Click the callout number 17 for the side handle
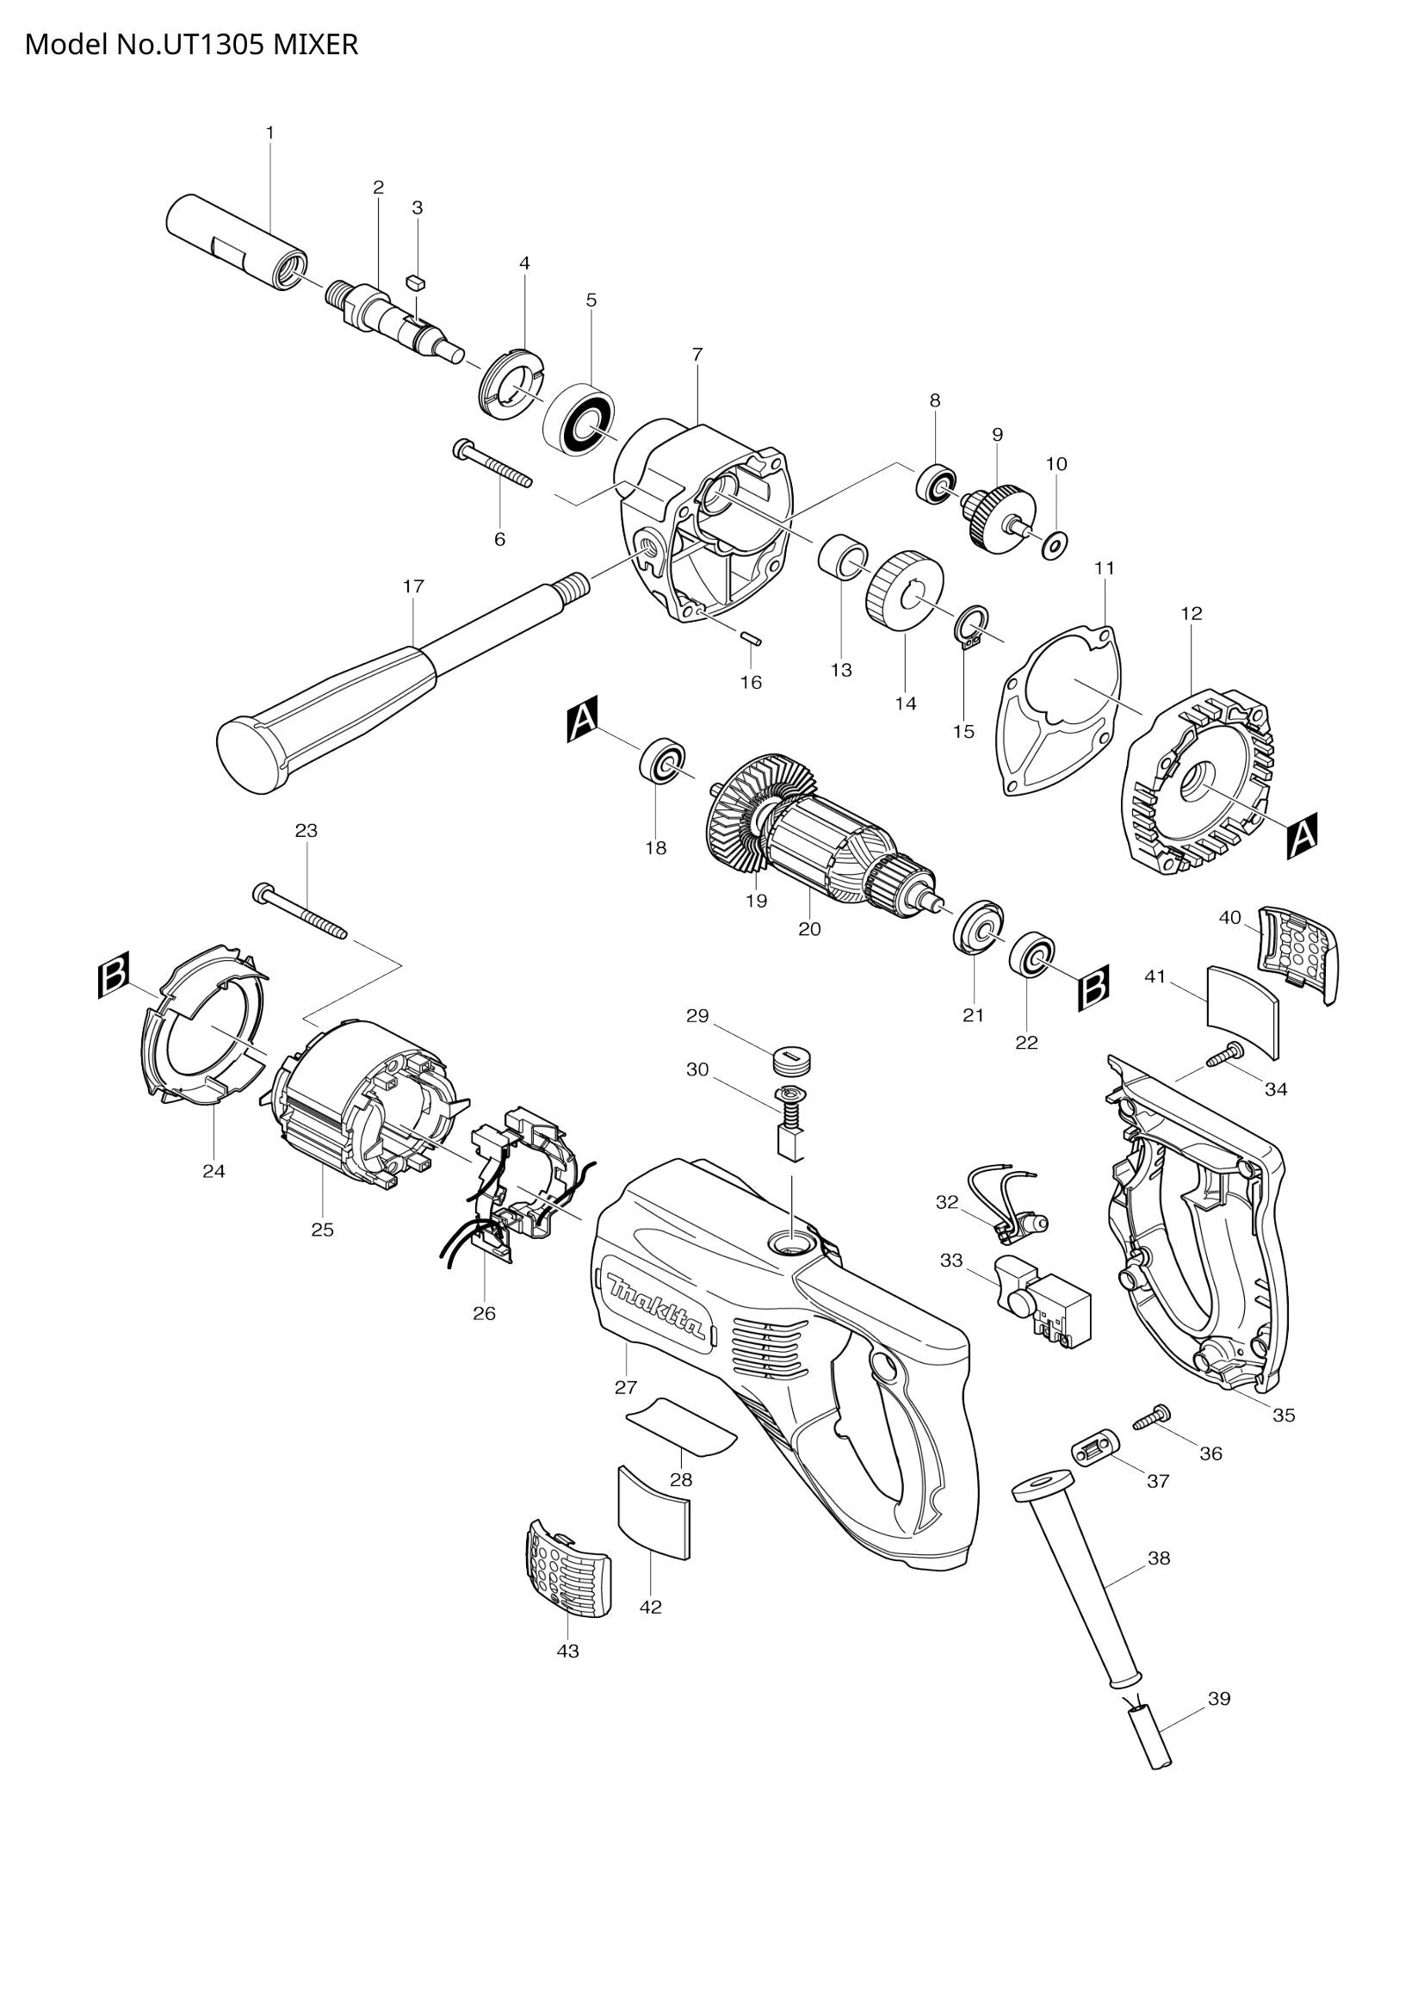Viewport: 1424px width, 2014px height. [413, 586]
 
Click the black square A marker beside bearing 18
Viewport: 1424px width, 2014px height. [582, 720]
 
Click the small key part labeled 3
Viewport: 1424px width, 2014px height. [417, 282]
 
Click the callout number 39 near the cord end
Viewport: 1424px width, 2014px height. [1219, 1698]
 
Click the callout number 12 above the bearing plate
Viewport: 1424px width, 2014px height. [1192, 613]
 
